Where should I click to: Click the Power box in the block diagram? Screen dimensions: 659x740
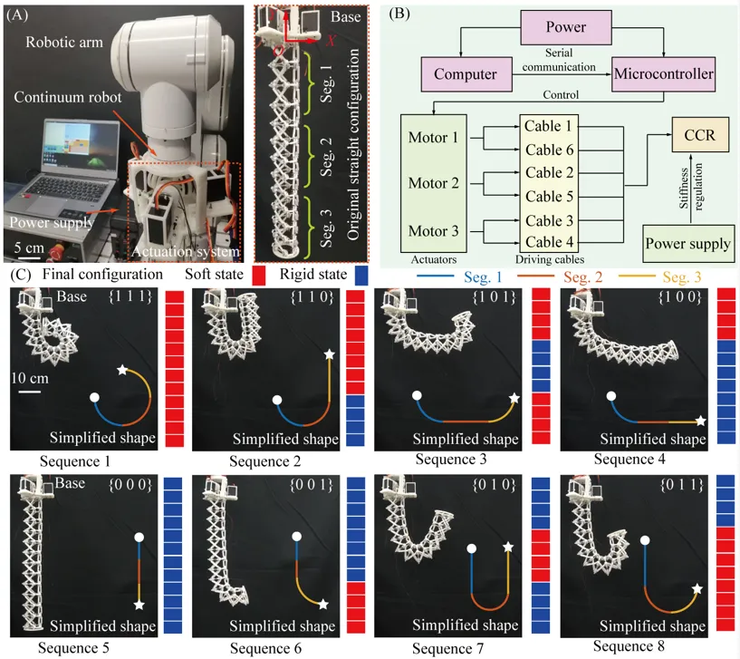tap(565, 26)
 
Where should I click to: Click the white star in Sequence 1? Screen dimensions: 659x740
tap(123, 370)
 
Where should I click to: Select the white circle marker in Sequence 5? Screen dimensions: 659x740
tap(139, 538)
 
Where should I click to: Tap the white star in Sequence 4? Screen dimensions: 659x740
tap(700, 421)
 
